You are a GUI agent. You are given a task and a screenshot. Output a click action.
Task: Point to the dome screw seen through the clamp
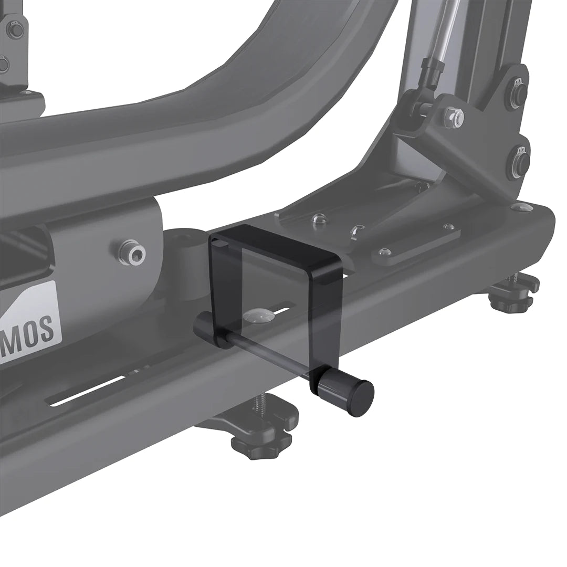click(258, 317)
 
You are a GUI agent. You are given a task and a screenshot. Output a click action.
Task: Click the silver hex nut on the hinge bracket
click(453, 117)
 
